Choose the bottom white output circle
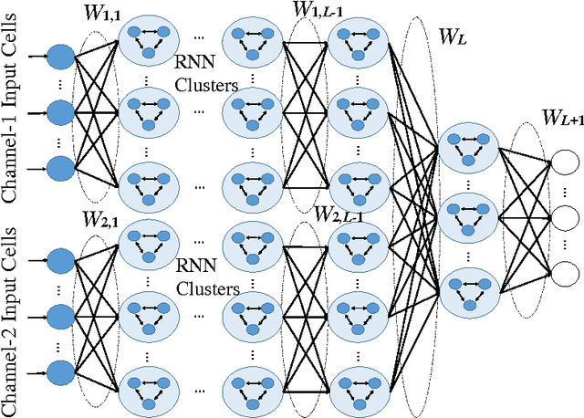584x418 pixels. [x=566, y=271]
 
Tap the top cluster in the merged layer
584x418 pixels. [x=470, y=152]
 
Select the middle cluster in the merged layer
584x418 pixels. [x=470, y=219]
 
